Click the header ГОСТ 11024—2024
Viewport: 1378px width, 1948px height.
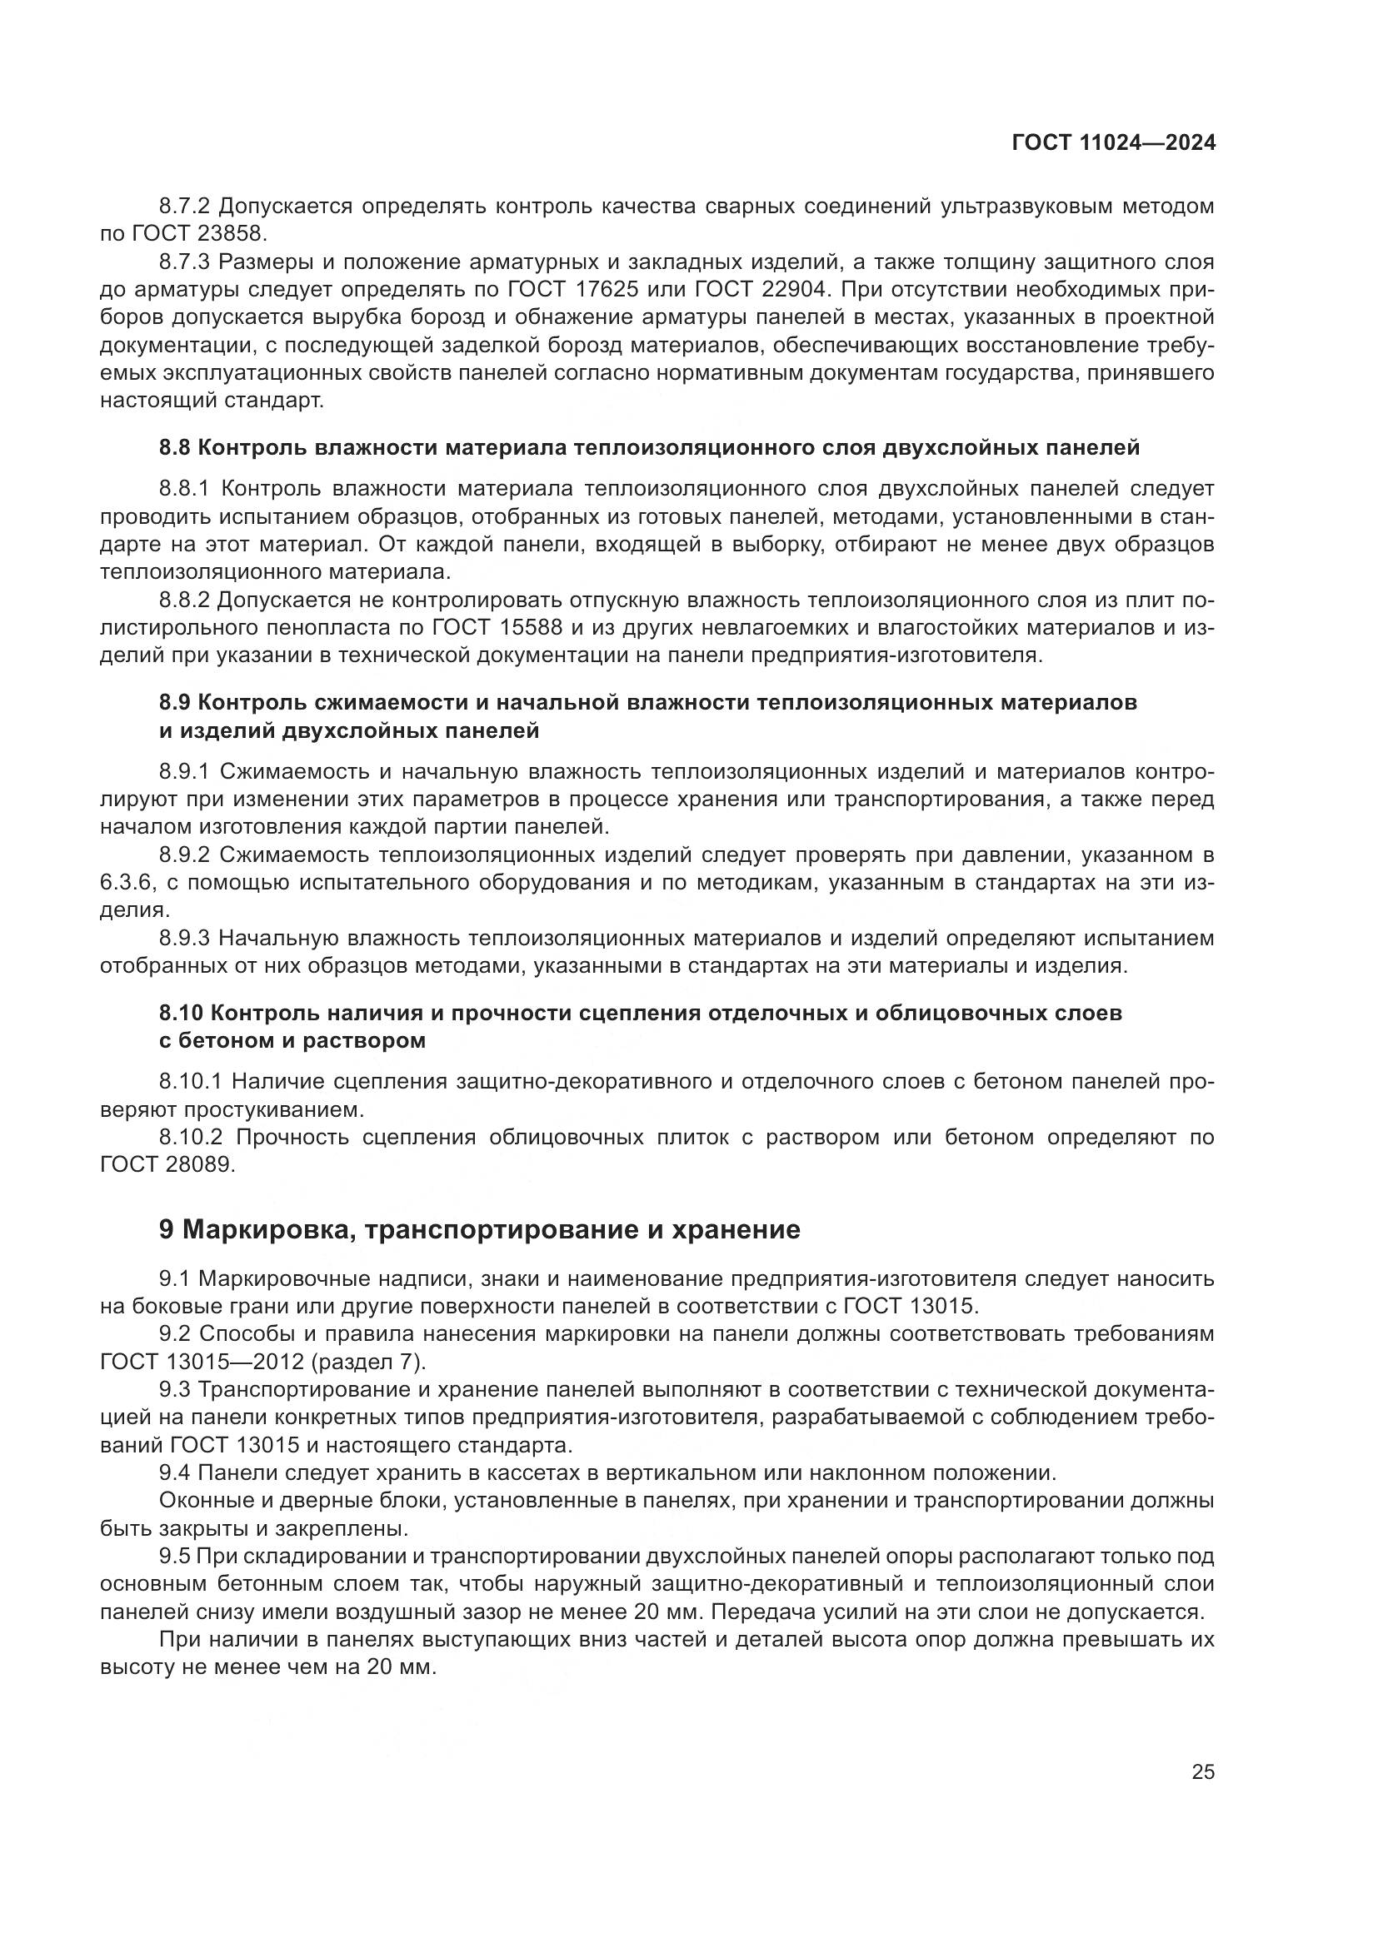(x=1113, y=143)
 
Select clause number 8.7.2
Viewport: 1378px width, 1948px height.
(x=185, y=207)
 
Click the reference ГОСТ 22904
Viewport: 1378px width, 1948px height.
(x=760, y=290)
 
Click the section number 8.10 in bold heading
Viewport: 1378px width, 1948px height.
(x=181, y=1013)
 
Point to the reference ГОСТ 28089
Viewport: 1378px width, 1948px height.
(x=166, y=1165)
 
